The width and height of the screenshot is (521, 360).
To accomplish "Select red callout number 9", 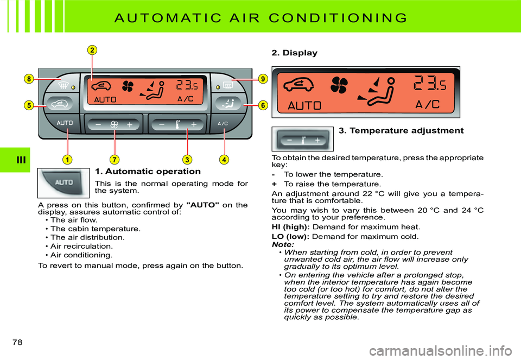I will (263, 79).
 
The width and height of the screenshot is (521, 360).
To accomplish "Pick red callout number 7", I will (115, 160).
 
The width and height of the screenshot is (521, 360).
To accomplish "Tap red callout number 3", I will (187, 160).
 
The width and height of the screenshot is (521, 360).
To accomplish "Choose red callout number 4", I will (223, 160).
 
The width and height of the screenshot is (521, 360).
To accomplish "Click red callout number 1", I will (67, 160).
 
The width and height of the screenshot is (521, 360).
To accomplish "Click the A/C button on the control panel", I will (223, 124).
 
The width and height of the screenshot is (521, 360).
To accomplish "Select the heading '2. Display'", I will (294, 53).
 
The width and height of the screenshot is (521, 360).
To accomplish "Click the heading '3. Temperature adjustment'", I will (401, 131).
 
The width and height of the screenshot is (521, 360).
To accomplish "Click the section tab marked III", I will (15, 160).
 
